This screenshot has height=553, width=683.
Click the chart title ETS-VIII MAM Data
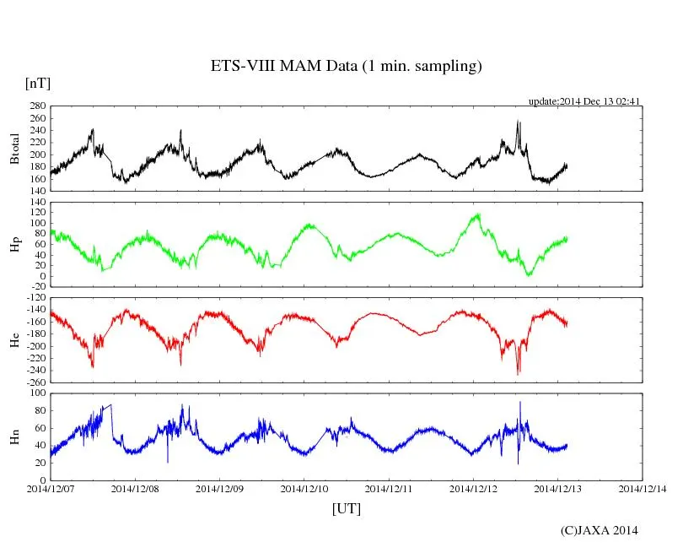[x=346, y=67]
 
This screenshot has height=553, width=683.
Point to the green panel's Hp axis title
[x=14, y=244]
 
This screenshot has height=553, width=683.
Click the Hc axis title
[x=14, y=339]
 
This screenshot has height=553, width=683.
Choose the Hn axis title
[x=14, y=436]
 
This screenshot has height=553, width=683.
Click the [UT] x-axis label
[x=346, y=508]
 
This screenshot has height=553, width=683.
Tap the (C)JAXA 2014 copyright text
[x=599, y=530]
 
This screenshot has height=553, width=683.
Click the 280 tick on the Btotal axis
[x=37, y=106]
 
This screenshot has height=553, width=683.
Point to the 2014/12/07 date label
[x=51, y=488]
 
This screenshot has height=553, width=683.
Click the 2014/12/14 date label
[x=643, y=488]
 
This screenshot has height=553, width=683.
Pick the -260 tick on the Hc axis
[x=35, y=382]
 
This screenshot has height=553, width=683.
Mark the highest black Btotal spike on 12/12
[x=517, y=121]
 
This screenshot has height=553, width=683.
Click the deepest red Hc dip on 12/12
[x=518, y=373]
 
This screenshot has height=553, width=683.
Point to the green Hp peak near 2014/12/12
[x=478, y=214]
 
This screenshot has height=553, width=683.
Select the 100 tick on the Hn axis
[x=37, y=393]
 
